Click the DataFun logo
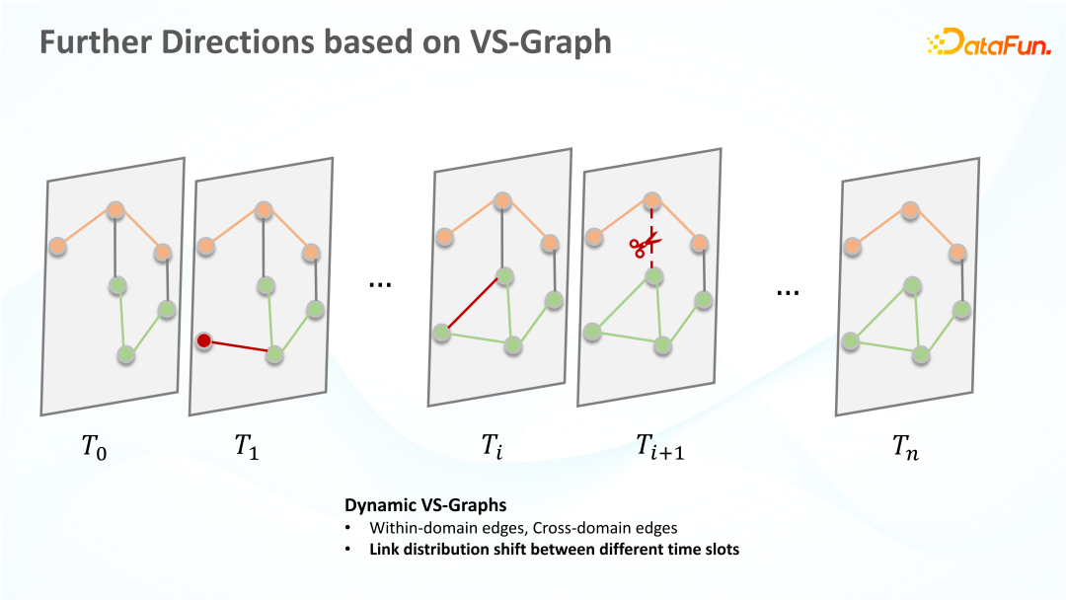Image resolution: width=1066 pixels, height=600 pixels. click(x=988, y=41)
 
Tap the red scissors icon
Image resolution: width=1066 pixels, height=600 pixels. click(x=646, y=245)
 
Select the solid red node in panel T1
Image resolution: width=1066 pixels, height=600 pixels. click(x=204, y=340)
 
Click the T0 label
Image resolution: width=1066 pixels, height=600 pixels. click(x=95, y=447)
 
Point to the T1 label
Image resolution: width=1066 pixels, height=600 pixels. click(x=247, y=447)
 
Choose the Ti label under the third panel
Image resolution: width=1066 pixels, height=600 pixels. click(x=493, y=446)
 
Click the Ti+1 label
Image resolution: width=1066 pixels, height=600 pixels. click(x=660, y=446)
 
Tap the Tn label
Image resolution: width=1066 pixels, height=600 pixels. click(x=905, y=447)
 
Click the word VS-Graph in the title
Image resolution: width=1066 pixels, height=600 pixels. click(x=541, y=42)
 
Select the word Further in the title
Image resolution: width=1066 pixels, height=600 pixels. click(x=95, y=41)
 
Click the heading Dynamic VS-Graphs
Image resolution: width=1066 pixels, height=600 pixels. click(x=425, y=505)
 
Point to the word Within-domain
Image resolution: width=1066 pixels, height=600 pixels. click(x=414, y=528)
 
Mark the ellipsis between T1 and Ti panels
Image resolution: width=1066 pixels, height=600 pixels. click(x=380, y=285)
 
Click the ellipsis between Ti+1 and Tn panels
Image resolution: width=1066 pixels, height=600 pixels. click(x=788, y=293)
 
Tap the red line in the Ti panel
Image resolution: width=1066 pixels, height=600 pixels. click(x=473, y=304)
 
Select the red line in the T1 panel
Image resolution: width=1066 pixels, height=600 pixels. click(x=239, y=346)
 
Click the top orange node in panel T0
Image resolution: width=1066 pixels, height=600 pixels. click(x=115, y=210)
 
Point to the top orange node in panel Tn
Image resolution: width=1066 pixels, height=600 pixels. click(x=910, y=210)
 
